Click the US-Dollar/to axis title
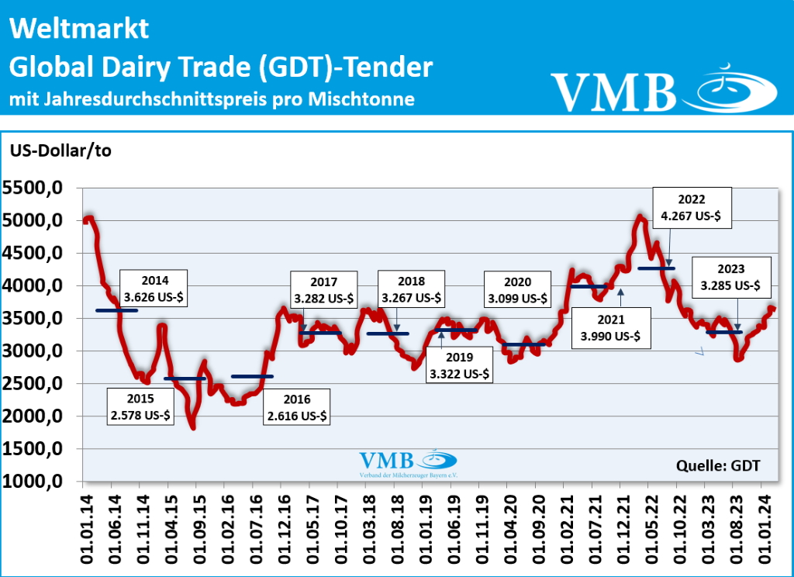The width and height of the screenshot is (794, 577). tap(60, 150)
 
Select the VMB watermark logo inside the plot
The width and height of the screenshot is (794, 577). tap(407, 464)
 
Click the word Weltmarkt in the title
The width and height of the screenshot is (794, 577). tap(79, 29)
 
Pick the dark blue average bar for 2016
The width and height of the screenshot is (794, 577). tap(252, 376)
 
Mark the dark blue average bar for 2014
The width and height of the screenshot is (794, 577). tap(116, 310)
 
